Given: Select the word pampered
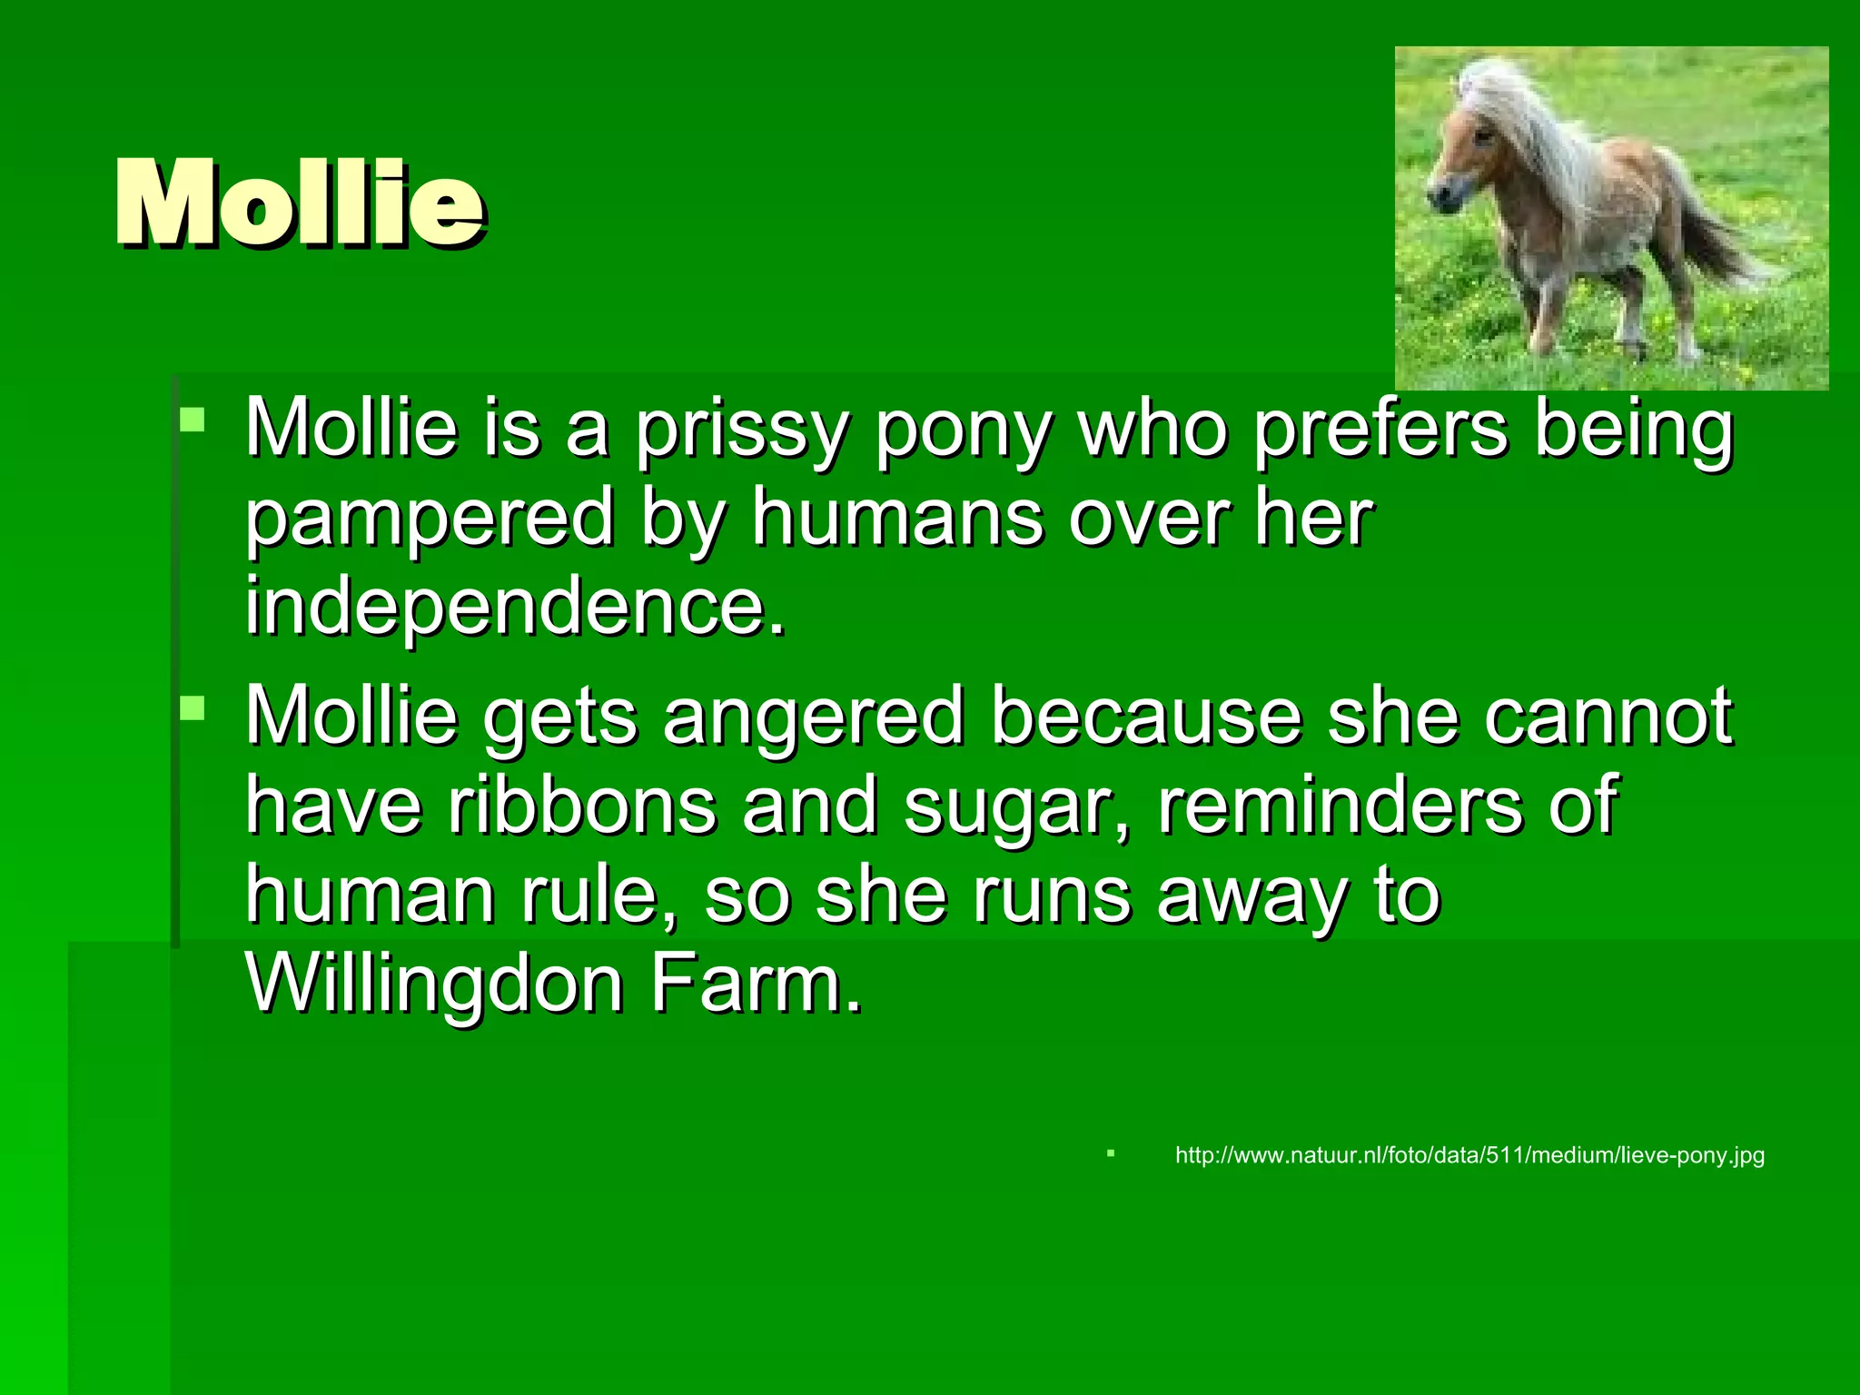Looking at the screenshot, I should click(430, 519).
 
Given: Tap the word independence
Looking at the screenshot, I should click(514, 606).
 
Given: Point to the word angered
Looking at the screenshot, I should click(813, 717).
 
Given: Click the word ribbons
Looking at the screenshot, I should click(582, 806).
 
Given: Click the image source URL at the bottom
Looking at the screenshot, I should click(1469, 1155).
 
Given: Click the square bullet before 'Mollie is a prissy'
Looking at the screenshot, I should click(193, 420).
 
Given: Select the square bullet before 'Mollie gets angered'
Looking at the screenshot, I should click(193, 707).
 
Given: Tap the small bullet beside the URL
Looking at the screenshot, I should click(1110, 1153).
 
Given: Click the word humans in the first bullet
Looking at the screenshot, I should click(896, 519).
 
